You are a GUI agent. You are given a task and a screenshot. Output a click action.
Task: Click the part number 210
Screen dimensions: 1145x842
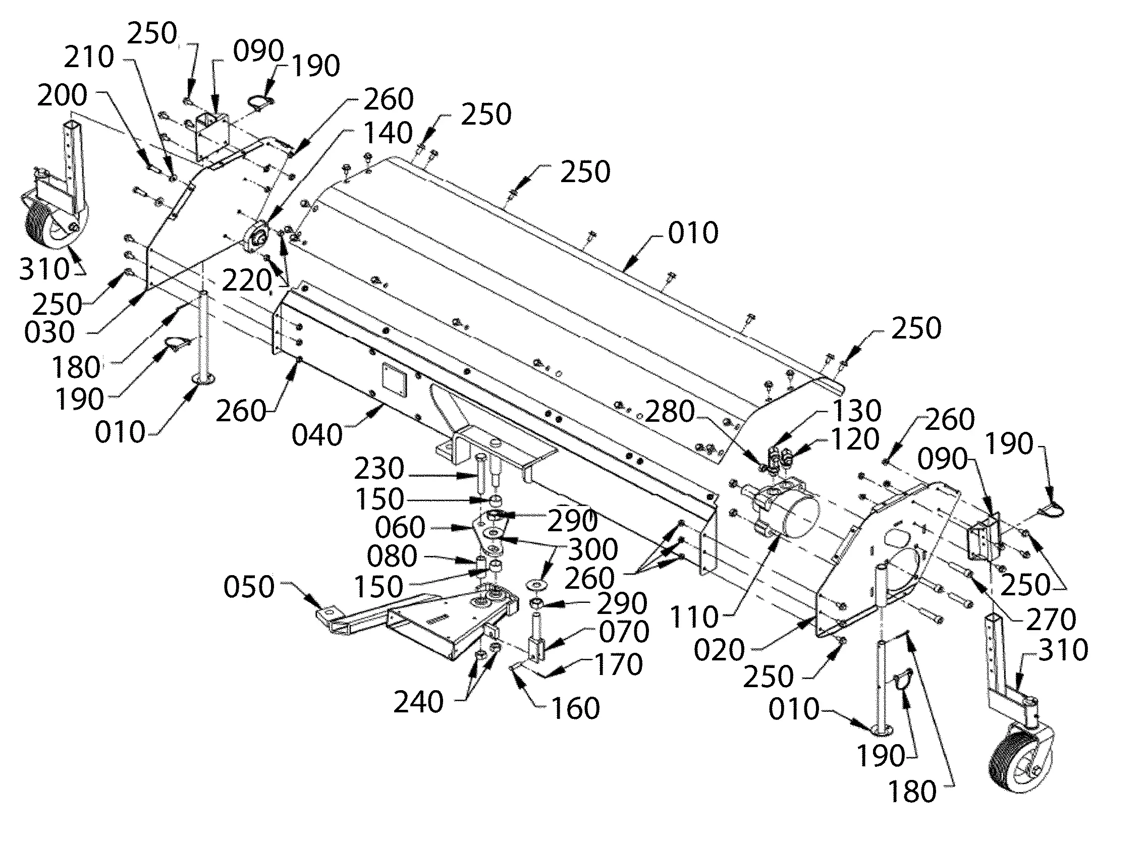pyautogui.click(x=89, y=57)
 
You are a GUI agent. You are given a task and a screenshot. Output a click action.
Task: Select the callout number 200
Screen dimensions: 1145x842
pyautogui.click(x=62, y=95)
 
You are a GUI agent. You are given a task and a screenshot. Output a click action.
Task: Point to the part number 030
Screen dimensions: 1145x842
pyautogui.click(x=49, y=332)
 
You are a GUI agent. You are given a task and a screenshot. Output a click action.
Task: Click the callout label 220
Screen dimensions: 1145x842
pyautogui.click(x=247, y=280)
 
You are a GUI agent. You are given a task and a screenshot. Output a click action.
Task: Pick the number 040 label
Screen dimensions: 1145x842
pyautogui.click(x=316, y=435)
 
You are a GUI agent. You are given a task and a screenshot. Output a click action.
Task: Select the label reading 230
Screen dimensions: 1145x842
pyautogui.click(x=379, y=468)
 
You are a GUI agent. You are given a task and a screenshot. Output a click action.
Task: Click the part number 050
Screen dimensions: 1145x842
pyautogui.click(x=249, y=587)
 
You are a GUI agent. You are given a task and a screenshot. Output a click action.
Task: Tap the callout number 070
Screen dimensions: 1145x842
pyautogui.click(x=624, y=633)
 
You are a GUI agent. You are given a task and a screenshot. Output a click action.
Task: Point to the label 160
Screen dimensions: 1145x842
pyautogui.click(x=576, y=708)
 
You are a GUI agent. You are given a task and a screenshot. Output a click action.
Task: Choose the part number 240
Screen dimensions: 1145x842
pyautogui.click(x=418, y=703)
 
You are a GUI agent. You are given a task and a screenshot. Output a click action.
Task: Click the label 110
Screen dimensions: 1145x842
pyautogui.click(x=695, y=617)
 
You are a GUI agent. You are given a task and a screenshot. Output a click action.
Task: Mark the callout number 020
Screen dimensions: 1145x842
pyautogui.click(x=720, y=650)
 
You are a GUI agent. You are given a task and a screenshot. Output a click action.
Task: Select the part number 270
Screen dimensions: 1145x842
pyautogui.click(x=1051, y=620)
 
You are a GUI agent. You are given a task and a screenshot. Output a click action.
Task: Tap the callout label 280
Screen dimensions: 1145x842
pyautogui.click(x=670, y=411)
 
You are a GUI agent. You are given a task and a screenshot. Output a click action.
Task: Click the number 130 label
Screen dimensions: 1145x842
pyautogui.click(x=857, y=410)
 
